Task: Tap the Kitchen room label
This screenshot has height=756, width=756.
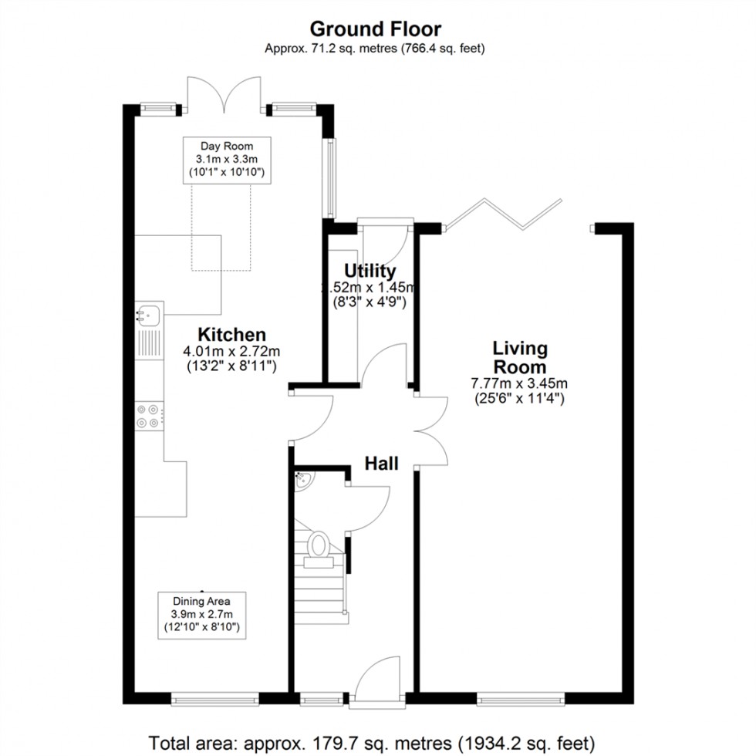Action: (232, 335)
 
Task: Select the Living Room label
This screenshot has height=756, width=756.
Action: (519, 358)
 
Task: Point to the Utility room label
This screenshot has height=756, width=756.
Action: (370, 272)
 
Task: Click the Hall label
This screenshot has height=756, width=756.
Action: (381, 464)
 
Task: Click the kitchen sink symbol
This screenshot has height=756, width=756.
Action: (149, 314)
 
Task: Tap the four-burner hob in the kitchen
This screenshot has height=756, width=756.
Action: (150, 416)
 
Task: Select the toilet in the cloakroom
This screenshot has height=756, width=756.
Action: (318, 545)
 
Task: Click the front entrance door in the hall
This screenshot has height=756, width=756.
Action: (378, 679)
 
